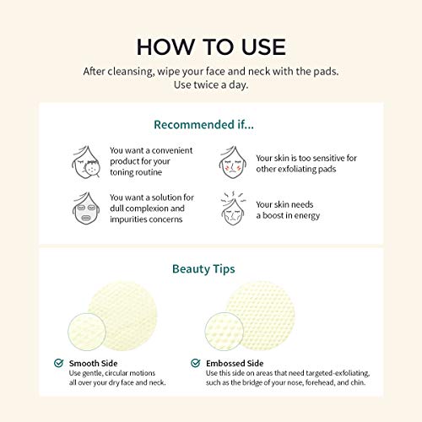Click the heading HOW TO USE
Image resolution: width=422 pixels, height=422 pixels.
click(211, 47)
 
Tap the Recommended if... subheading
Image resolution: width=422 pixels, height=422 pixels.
click(203, 125)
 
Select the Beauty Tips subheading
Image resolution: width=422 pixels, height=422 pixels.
click(203, 269)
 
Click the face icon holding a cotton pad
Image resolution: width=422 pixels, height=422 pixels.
click(86, 162)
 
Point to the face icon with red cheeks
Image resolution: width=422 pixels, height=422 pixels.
click(233, 162)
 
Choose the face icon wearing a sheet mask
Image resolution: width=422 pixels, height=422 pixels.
click(86, 208)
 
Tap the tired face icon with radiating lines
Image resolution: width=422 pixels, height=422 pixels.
click(233, 208)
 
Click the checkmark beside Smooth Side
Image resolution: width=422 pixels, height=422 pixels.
click(58, 363)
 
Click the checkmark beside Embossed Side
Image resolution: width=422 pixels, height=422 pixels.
click(196, 363)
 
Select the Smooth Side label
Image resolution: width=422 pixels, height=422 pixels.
click(93, 363)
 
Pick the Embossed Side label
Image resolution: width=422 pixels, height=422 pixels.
click(235, 363)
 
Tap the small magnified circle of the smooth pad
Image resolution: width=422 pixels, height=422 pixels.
click(87, 332)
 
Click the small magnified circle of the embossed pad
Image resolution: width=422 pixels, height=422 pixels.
click(225, 332)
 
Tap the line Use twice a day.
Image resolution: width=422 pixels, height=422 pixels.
click(211, 84)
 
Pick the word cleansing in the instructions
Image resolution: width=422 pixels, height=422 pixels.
click(131, 72)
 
